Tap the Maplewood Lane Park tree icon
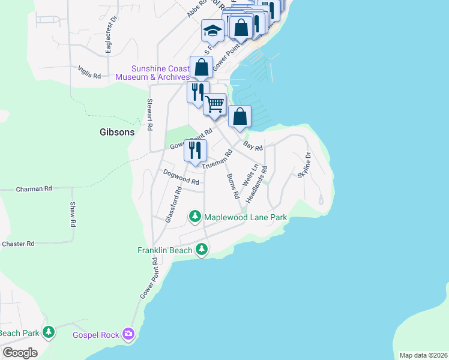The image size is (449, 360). [194, 215]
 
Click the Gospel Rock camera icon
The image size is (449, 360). [127, 333]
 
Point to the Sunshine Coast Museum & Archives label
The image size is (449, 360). [152, 73]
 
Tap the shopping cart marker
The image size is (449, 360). [214, 104]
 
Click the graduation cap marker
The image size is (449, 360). [212, 30]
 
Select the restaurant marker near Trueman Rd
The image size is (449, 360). [195, 150]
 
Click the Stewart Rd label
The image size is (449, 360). [150, 115]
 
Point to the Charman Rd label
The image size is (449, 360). [34, 188]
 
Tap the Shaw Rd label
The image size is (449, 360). [73, 214]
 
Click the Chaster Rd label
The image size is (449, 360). [18, 244]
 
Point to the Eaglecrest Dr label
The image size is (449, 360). [109, 39]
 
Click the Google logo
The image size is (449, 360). [20, 352]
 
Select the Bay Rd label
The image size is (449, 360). [253, 145]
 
